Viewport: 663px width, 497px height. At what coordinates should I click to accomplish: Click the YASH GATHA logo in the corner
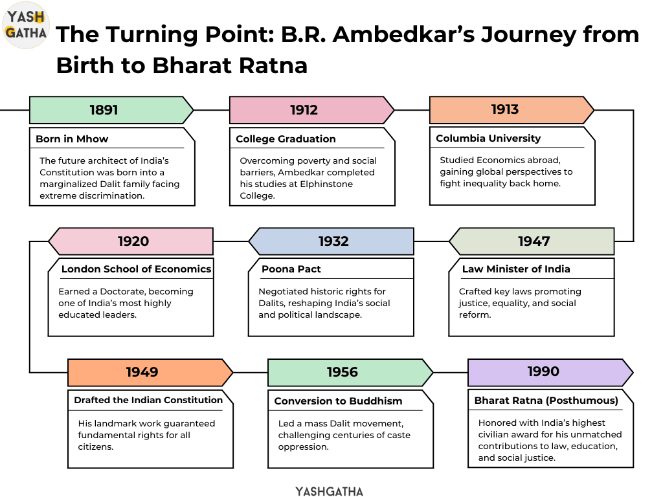coord(26,25)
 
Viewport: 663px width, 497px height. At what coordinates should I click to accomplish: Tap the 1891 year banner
coord(111,110)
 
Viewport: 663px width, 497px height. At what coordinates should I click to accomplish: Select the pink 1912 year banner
coord(311,110)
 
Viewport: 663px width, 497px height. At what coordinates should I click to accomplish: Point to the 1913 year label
coord(505,109)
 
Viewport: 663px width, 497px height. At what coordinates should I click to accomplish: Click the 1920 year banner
coord(131,241)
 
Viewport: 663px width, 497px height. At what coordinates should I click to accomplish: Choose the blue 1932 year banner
coord(331,241)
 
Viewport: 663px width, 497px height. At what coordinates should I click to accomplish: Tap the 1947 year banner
coord(532,241)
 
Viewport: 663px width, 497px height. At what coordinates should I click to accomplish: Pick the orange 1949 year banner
coord(150,372)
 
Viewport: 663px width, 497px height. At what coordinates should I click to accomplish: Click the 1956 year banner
coord(350,372)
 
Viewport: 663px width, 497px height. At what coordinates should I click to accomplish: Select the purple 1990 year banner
coord(550,372)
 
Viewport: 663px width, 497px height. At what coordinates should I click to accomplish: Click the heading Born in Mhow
coord(72,139)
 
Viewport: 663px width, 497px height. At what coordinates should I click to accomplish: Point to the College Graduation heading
coord(286,139)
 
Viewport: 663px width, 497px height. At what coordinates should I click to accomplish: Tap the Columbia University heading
coord(488,138)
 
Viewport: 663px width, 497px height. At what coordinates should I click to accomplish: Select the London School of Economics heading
coord(136,269)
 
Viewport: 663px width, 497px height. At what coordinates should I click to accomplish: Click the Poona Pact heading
coord(291,269)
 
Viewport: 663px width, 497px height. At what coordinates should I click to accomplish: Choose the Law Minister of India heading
coord(516,269)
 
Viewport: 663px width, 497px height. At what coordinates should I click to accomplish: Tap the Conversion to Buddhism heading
coord(338,401)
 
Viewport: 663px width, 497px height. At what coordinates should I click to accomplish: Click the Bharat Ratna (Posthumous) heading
coord(546,401)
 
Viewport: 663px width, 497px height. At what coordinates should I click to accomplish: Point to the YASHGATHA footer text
coord(330,491)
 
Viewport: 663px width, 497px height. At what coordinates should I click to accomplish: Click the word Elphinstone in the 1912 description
coord(326,184)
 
